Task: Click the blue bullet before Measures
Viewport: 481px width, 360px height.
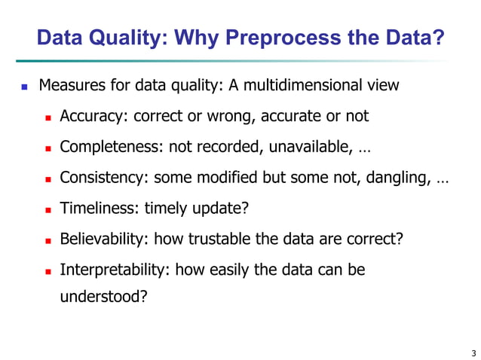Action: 24,87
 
